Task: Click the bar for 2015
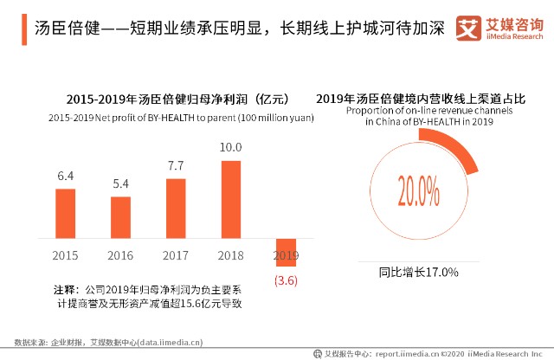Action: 65,215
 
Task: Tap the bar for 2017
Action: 176,209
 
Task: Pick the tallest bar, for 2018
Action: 230,201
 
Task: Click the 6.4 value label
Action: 65,176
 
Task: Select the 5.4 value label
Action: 120,184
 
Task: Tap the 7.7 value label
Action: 176,165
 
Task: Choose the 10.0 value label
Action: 230,147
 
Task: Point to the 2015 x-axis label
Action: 65,255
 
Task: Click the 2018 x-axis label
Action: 230,255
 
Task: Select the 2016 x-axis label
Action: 120,255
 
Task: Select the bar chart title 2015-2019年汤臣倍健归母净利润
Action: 164,99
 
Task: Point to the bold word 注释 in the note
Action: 65,288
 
